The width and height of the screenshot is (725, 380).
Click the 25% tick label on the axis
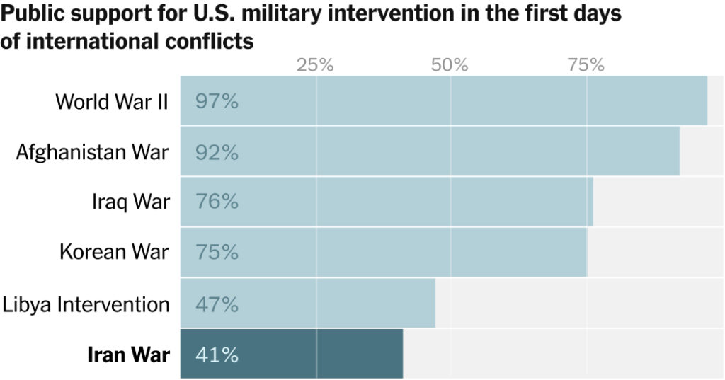315,65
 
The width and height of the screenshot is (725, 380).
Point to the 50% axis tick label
450,65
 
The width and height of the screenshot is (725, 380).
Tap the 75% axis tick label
586,65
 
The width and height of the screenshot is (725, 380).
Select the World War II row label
112,101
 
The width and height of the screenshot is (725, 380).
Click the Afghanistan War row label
93,151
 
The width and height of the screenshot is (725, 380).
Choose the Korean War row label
114,253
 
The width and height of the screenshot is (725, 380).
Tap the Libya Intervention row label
86,304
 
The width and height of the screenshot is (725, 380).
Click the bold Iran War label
128,355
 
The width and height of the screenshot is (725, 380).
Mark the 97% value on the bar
217,101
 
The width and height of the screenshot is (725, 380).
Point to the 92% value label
217,151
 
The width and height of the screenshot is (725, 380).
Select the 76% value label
217,202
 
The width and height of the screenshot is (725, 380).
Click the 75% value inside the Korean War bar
217,253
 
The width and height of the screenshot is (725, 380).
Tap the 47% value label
217,304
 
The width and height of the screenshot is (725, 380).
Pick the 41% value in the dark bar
217,355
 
